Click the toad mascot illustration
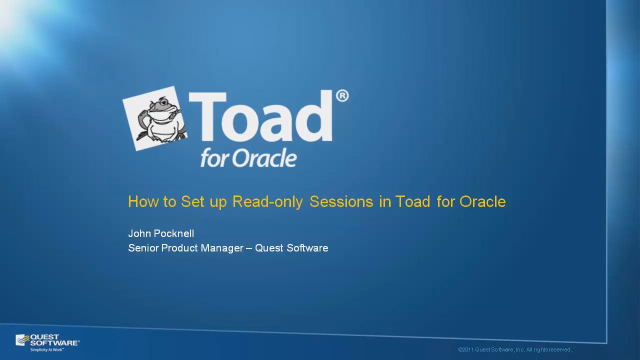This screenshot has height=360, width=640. click(155, 118)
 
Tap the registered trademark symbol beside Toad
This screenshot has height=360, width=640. click(342, 96)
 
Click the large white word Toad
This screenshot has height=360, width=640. click(260, 116)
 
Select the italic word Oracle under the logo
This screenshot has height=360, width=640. click(264, 157)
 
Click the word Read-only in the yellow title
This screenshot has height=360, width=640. click(267, 202)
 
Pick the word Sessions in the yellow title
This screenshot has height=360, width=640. click(341, 201)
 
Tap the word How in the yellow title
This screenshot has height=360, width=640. click(143, 201)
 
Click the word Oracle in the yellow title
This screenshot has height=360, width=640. click(482, 201)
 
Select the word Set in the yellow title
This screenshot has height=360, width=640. click(192, 201)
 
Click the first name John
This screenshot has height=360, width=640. click(139, 233)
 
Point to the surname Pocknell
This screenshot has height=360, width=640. click(174, 233)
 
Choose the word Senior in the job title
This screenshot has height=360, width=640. click(143, 248)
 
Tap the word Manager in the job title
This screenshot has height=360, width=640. click(222, 248)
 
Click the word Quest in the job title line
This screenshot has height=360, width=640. click(269, 248)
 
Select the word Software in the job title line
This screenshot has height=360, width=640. click(307, 248)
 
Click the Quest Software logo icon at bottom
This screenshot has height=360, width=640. click(22, 340)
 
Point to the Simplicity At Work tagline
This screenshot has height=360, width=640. click(47, 349)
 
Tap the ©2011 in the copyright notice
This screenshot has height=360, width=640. click(466, 349)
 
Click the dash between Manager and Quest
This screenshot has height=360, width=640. click(249, 248)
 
